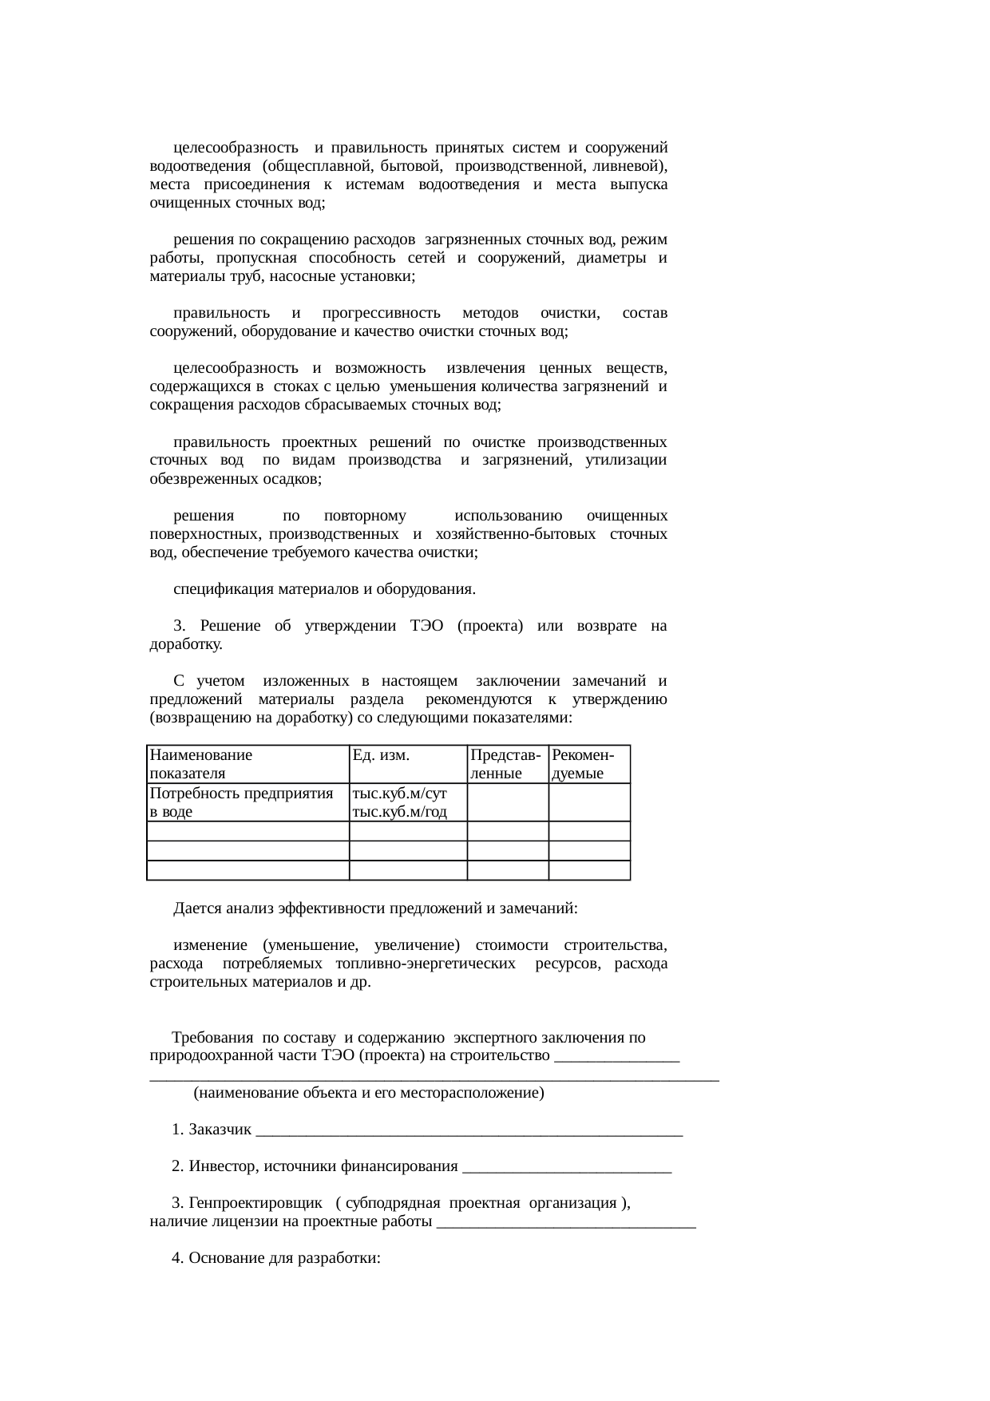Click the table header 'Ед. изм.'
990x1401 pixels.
click(x=381, y=755)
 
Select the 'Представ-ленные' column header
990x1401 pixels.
click(x=506, y=764)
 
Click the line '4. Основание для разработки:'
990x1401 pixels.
click(x=275, y=1258)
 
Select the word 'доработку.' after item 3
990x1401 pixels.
click(x=186, y=644)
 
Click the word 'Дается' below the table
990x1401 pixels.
click(x=197, y=908)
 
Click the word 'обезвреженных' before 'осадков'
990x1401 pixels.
click(x=204, y=480)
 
